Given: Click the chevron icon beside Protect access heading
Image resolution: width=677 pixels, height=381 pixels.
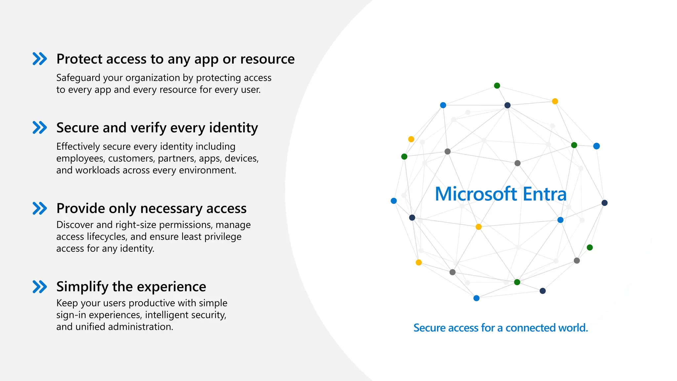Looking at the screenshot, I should [40, 59].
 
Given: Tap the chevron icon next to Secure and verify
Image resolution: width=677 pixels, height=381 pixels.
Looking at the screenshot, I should [40, 128].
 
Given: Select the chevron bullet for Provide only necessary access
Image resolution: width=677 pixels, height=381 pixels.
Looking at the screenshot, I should [40, 208].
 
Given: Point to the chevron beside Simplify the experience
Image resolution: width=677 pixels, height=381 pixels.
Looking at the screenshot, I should [40, 287].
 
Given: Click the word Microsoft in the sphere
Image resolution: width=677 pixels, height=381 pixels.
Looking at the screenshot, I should [476, 194].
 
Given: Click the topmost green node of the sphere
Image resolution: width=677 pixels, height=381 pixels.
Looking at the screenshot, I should [497, 86].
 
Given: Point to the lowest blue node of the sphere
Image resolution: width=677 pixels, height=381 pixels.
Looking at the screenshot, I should [476, 298].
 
